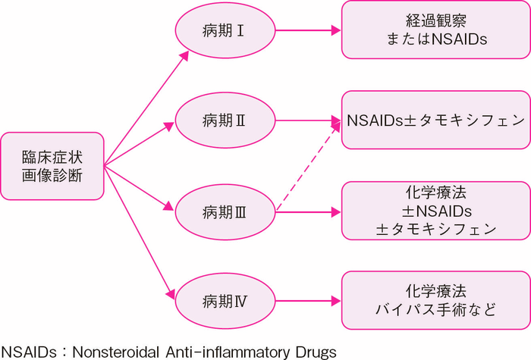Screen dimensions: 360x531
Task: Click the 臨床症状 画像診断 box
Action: coord(52,167)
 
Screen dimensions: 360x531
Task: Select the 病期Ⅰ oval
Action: coord(223,31)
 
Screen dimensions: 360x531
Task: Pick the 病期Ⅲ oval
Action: coord(223,213)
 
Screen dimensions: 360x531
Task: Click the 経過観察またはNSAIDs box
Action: coord(435,30)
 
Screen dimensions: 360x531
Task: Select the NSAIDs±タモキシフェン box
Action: coord(435,120)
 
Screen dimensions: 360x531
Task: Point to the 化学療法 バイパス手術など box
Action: coord(435,300)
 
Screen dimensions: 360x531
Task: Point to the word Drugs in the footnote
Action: coord(314,350)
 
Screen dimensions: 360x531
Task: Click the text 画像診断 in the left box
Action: coord(52,179)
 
